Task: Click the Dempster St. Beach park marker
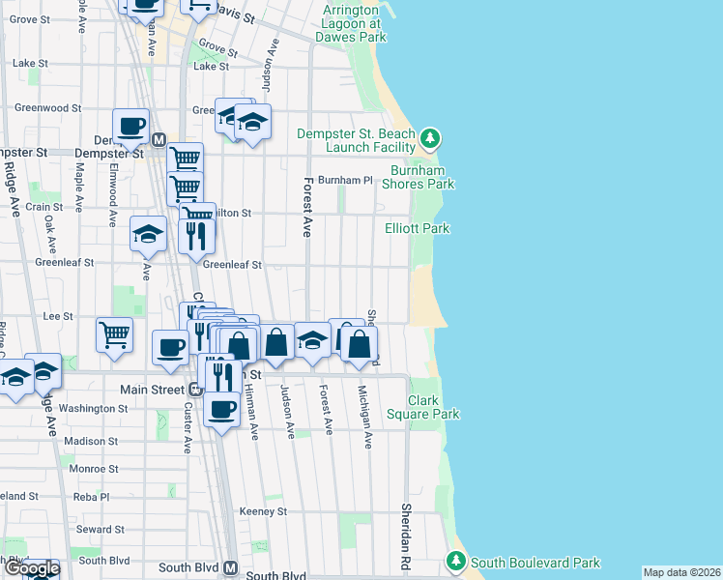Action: coord(430,141)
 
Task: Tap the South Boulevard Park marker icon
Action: coord(455,562)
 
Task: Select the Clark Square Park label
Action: coord(433,407)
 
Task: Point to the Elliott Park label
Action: coord(417,229)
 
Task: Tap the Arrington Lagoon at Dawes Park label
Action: coord(350,23)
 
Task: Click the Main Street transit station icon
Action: coord(194,390)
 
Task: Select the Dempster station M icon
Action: coord(159,139)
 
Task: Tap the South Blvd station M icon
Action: coord(231,568)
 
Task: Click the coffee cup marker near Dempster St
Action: coord(130,125)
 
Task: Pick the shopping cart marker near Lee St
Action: coord(114,334)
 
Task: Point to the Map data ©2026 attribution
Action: coord(682,572)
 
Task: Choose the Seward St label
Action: coord(100,530)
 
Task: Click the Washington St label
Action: coord(93,409)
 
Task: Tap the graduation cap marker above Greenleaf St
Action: coord(148,233)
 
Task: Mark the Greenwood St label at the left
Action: coord(41,108)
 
